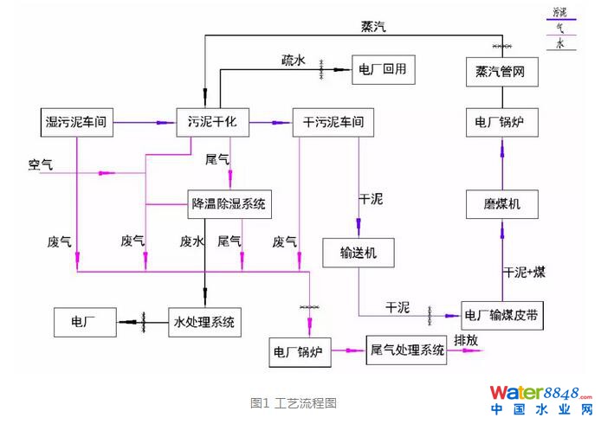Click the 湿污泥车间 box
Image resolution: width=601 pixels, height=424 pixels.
[x=75, y=122]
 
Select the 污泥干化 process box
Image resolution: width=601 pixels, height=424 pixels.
[x=211, y=122]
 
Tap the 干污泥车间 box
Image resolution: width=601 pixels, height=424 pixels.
[x=333, y=122]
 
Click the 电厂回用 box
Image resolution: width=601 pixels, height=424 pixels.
[x=383, y=68]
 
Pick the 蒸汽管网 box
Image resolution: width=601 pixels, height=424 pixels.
[x=500, y=71]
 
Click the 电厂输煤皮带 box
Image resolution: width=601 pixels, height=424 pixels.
[x=504, y=315]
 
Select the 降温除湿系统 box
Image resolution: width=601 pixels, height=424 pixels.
[x=230, y=205]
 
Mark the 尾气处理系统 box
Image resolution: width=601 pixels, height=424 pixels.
[x=407, y=350]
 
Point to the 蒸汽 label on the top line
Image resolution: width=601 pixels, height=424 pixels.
[x=373, y=27]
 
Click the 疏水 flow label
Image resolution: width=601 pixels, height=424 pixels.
[x=294, y=61]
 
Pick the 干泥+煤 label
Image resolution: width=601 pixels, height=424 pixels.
[x=524, y=272]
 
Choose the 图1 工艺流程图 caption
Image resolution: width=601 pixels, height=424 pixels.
[x=293, y=402]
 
